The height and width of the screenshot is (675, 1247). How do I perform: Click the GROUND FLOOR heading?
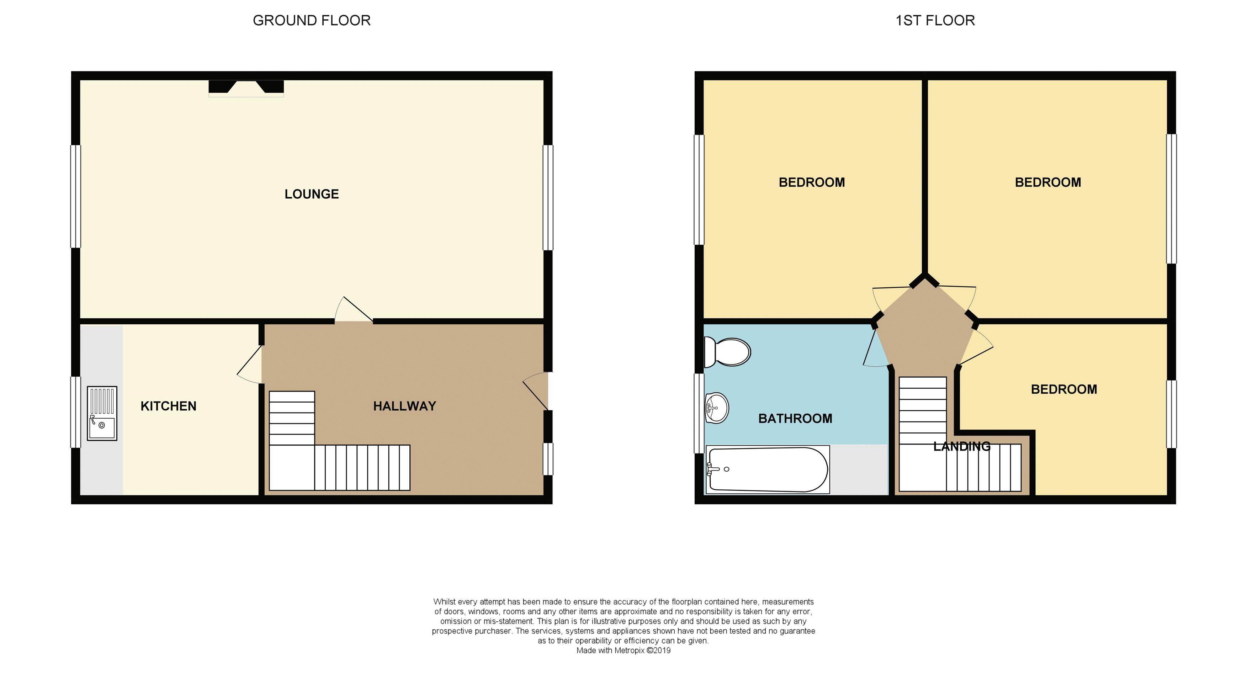(311, 20)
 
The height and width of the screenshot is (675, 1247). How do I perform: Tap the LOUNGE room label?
(311, 194)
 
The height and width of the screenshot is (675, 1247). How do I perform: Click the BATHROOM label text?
(795, 419)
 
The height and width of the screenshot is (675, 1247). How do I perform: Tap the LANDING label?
(961, 446)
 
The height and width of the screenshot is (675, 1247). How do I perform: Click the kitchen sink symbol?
(102, 413)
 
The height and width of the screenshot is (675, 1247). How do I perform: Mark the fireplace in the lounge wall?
(246, 87)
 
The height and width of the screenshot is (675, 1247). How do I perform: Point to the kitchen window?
(75, 412)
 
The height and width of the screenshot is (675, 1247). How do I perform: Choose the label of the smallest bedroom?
(1063, 389)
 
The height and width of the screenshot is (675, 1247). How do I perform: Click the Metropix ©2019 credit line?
(623, 650)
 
